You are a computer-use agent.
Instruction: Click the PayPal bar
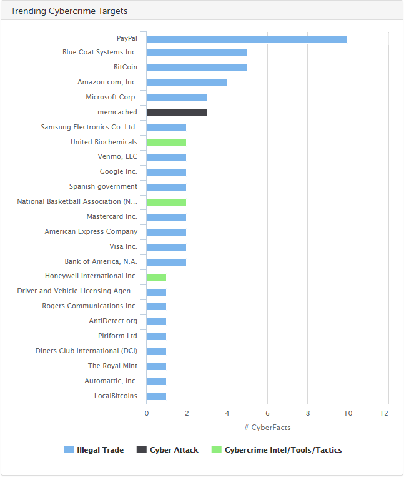pyautogui.click(x=247, y=39)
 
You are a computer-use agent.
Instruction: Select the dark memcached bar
pyautogui.click(x=177, y=113)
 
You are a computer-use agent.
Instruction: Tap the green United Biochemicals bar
pyautogui.click(x=166, y=143)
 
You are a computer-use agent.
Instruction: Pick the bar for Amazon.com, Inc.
pyautogui.click(x=187, y=83)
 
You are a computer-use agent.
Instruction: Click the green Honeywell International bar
pyautogui.click(x=156, y=276)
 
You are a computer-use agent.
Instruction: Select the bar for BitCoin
pyautogui.click(x=197, y=68)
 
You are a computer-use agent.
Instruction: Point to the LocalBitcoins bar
pyautogui.click(x=156, y=396)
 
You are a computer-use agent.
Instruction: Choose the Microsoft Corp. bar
pyautogui.click(x=177, y=98)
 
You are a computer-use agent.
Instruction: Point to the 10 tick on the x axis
pyautogui.click(x=348, y=413)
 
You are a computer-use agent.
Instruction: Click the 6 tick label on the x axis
pyautogui.click(x=267, y=413)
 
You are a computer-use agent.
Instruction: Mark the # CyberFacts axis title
pyautogui.click(x=267, y=428)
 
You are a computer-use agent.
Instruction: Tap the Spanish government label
pyautogui.click(x=103, y=187)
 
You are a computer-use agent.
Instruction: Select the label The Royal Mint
pyautogui.click(x=112, y=366)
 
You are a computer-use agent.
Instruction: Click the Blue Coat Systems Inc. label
pyautogui.click(x=100, y=53)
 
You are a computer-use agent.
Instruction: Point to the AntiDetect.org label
pyautogui.click(x=113, y=321)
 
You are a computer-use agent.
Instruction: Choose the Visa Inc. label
pyautogui.click(x=123, y=247)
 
